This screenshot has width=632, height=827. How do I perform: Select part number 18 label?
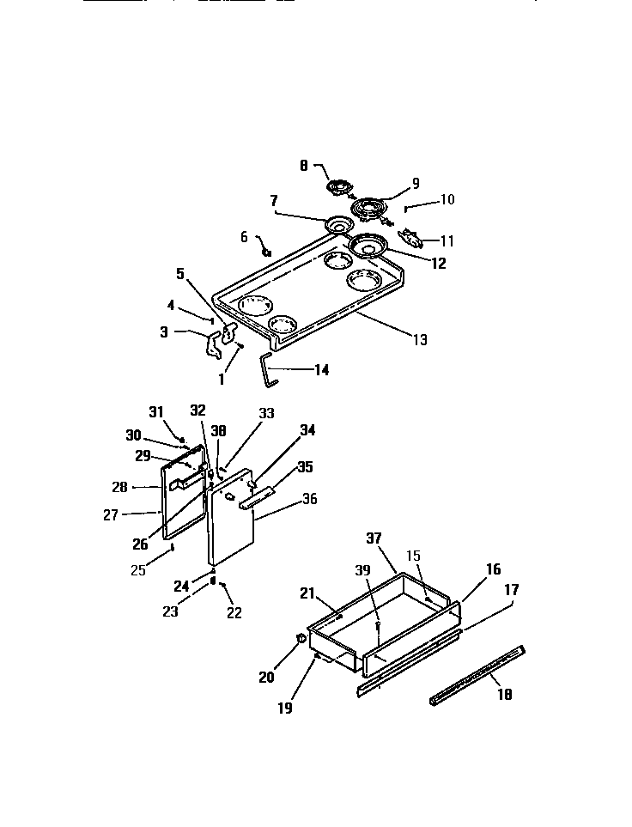tap(505, 695)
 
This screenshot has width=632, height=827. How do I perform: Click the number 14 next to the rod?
tap(321, 371)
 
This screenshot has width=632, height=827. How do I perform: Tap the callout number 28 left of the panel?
tap(118, 487)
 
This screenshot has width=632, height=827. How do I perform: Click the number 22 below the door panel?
tap(234, 612)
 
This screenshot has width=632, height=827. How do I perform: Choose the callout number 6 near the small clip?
tap(243, 236)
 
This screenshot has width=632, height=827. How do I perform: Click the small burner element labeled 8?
tap(340, 186)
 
